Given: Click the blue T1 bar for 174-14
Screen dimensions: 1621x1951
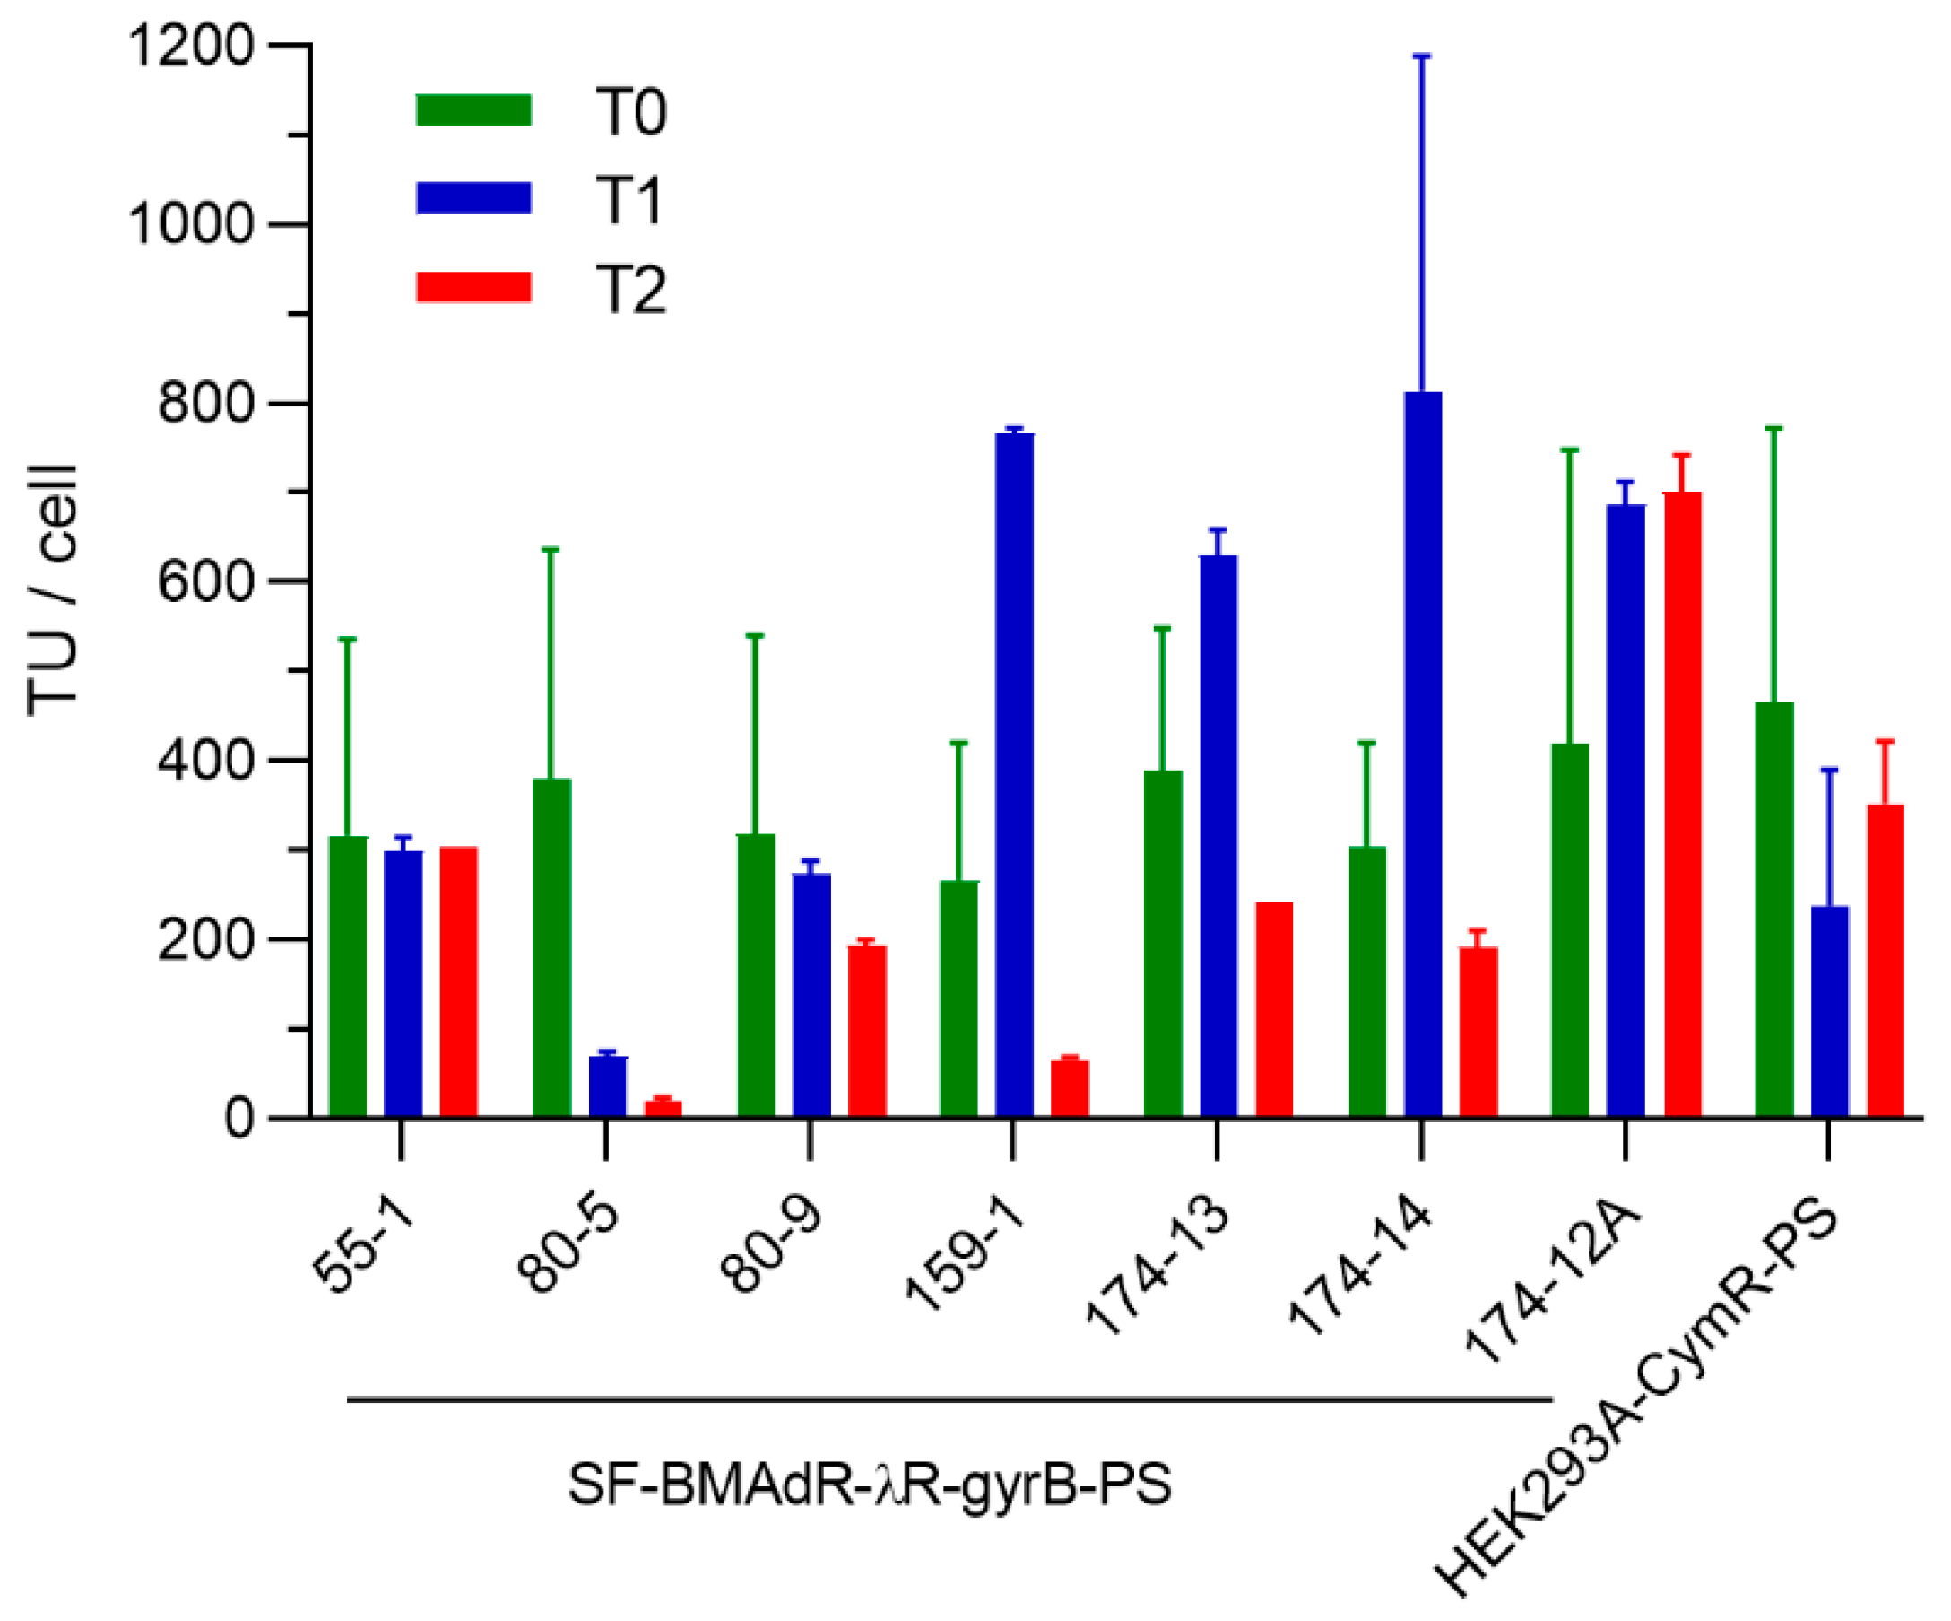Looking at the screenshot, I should [x=1422, y=753].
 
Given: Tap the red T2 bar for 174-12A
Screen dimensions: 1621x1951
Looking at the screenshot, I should [x=1682, y=804].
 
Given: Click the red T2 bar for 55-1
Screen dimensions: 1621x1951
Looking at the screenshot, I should [x=458, y=980].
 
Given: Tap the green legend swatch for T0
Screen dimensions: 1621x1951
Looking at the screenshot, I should [x=473, y=109].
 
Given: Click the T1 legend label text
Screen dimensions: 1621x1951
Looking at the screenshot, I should [x=630, y=200].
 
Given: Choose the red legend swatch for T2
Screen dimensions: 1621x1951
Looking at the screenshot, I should [x=473, y=287].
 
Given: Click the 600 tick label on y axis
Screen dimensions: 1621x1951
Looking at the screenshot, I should [x=205, y=583].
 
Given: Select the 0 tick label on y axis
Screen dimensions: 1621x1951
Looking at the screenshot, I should [x=238, y=1119].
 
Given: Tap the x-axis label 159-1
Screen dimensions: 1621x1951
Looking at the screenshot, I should [x=966, y=1254].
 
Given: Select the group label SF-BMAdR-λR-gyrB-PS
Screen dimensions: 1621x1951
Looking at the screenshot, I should [x=869, y=1485].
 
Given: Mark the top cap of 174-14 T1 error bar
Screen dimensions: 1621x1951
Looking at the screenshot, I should [x=1421, y=57].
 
